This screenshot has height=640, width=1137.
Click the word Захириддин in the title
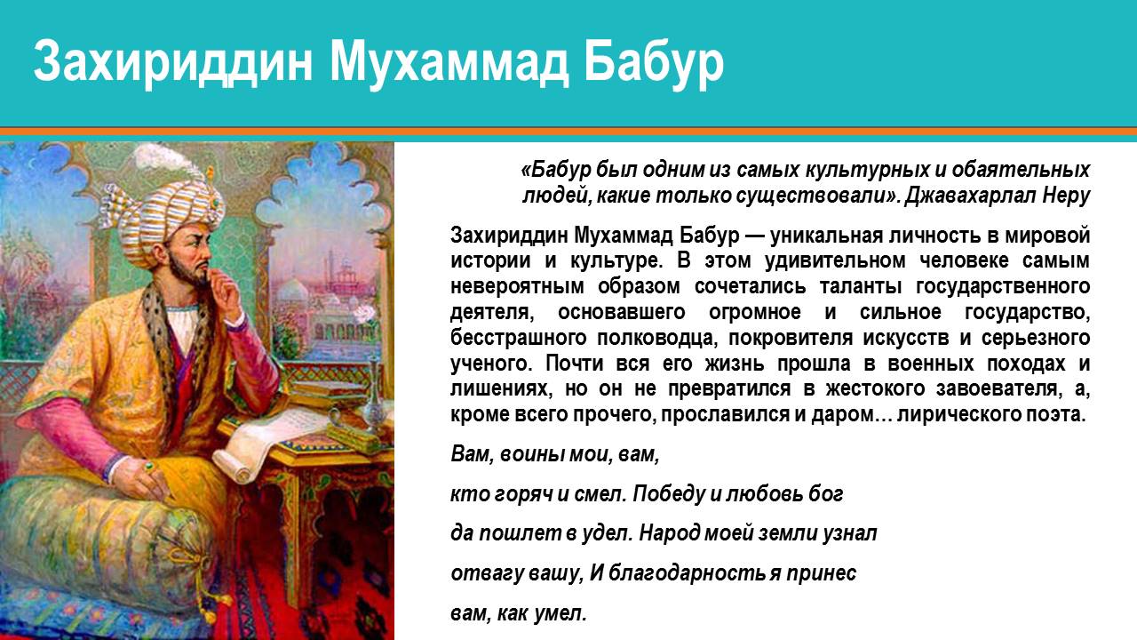tap(173, 62)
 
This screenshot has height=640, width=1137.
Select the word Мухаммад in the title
tap(449, 62)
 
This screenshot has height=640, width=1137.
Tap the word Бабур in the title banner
tap(654, 63)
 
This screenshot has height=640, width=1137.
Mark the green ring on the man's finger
tap(149, 466)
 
